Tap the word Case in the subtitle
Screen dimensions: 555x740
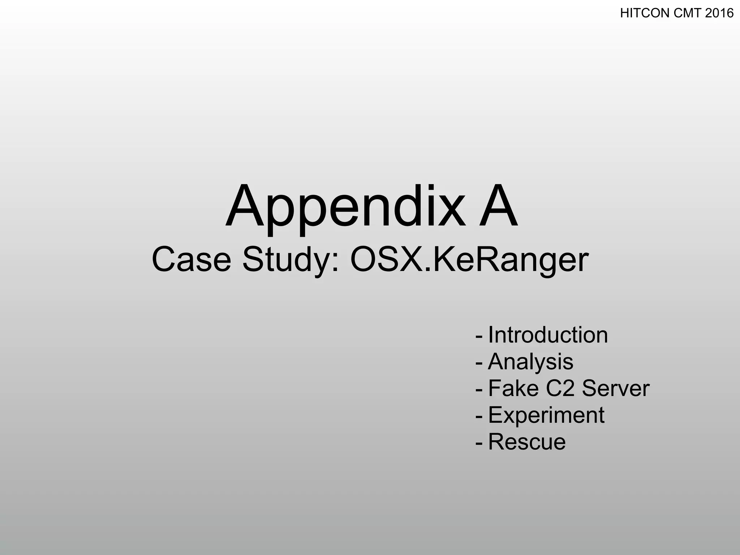point(191,259)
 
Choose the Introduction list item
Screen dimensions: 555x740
point(548,335)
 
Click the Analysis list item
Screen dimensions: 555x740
point(530,362)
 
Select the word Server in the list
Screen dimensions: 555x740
point(616,388)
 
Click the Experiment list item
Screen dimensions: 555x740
point(546,415)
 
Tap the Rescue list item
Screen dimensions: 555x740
point(527,442)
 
